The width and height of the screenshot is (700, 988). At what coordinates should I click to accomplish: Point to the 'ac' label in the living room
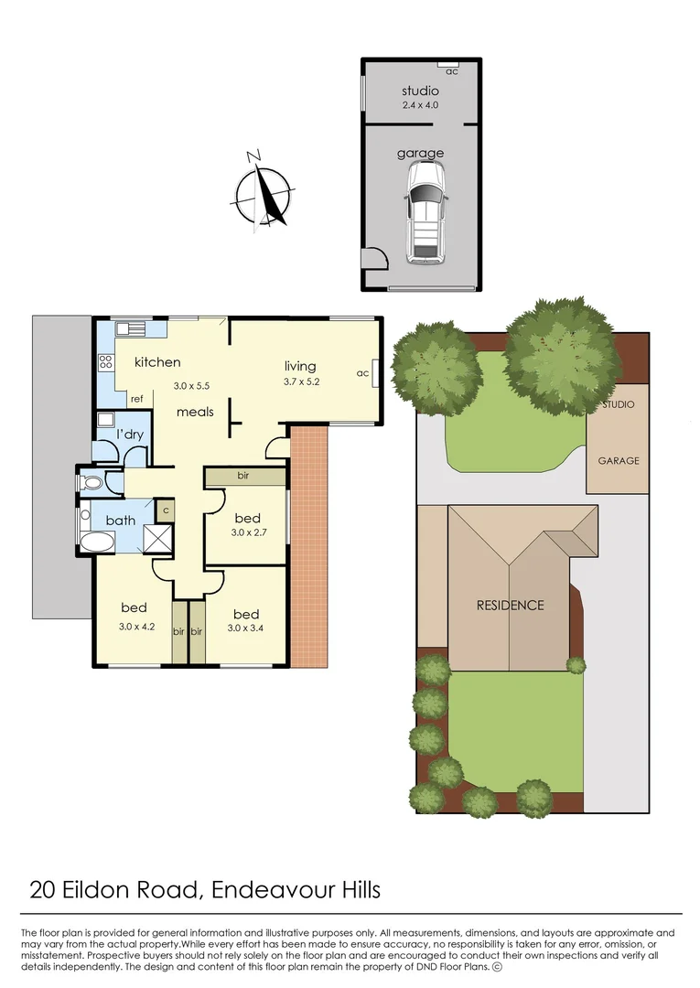pos(362,373)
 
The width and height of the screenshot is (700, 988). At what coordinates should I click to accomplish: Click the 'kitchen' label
pos(157,362)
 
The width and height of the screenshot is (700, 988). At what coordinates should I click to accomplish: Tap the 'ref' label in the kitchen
pos(136,399)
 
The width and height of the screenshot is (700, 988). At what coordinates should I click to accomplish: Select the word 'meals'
pos(195,412)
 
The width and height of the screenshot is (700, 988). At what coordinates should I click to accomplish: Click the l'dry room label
pos(130,435)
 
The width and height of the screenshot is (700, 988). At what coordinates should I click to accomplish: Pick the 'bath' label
pos(121,521)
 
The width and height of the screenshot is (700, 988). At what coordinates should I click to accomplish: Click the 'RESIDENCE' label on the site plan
pos(509,605)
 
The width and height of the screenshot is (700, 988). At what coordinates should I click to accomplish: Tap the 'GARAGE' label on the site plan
pos(619,461)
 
